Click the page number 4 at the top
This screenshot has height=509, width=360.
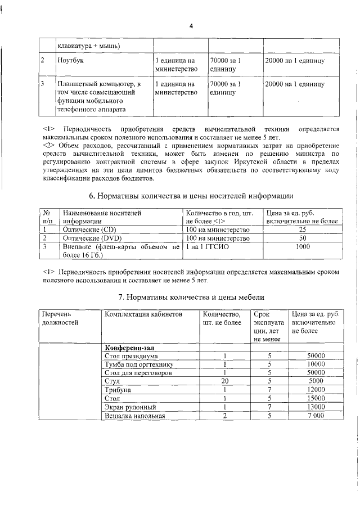[x=191, y=26]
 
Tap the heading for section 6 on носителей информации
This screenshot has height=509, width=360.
[x=191, y=196]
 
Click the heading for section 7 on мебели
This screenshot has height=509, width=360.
[x=191, y=296]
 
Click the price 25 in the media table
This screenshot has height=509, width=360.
[x=303, y=230]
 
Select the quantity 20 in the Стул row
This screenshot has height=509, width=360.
[x=224, y=381]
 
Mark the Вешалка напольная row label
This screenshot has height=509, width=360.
[x=134, y=416]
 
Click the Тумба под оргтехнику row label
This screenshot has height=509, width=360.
[x=138, y=364]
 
